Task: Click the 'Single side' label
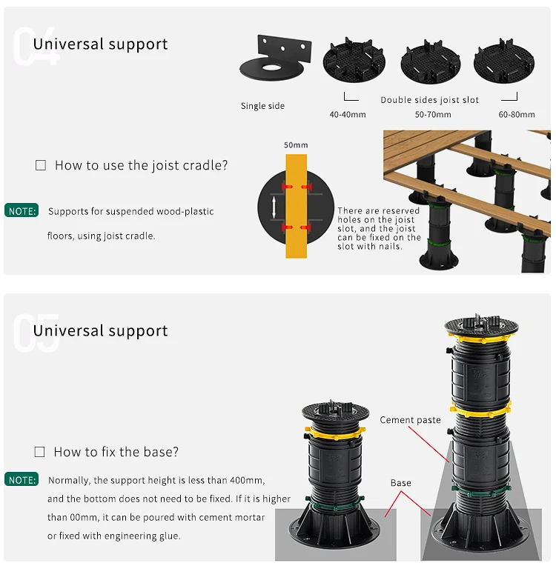(x=262, y=106)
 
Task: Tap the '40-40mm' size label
(x=348, y=115)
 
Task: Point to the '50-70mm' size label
(x=433, y=115)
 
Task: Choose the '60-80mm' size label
(x=517, y=115)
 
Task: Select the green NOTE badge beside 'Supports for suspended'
(x=22, y=211)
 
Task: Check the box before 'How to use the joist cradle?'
(x=41, y=166)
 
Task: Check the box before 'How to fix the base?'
(x=40, y=452)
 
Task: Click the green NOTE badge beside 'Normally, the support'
(x=22, y=480)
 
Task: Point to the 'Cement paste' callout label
(x=410, y=420)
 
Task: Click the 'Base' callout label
(x=400, y=483)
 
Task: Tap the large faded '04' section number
(x=36, y=47)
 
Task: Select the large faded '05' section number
(x=36, y=333)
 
